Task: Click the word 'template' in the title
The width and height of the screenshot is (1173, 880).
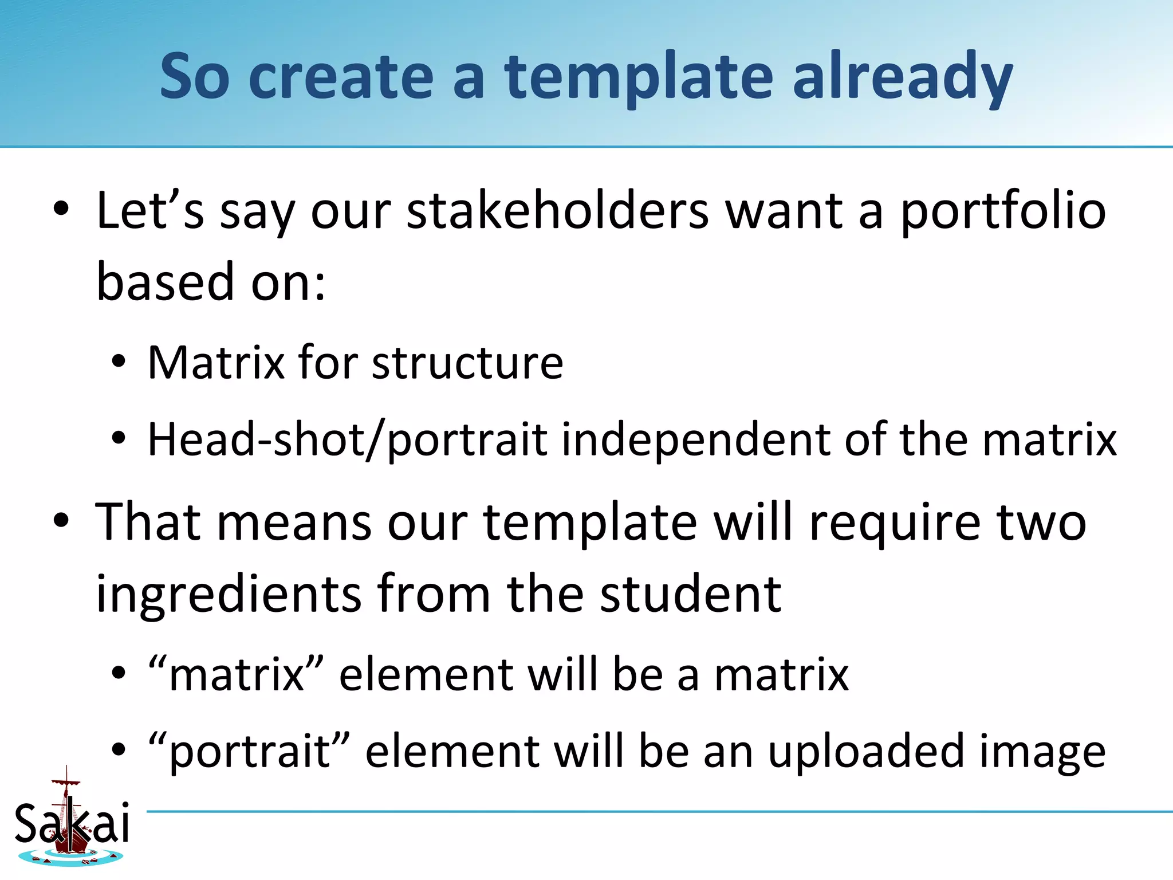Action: [x=639, y=77]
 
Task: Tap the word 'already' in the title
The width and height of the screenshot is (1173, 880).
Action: [x=903, y=77]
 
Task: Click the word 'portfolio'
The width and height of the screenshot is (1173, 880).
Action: [x=1003, y=211]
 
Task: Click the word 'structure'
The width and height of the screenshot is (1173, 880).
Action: [x=467, y=363]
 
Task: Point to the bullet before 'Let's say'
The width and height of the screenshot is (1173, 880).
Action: [x=61, y=210]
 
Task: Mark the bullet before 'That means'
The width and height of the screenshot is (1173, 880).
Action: [x=61, y=522]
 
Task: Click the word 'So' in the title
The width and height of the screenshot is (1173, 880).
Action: [x=195, y=77]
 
